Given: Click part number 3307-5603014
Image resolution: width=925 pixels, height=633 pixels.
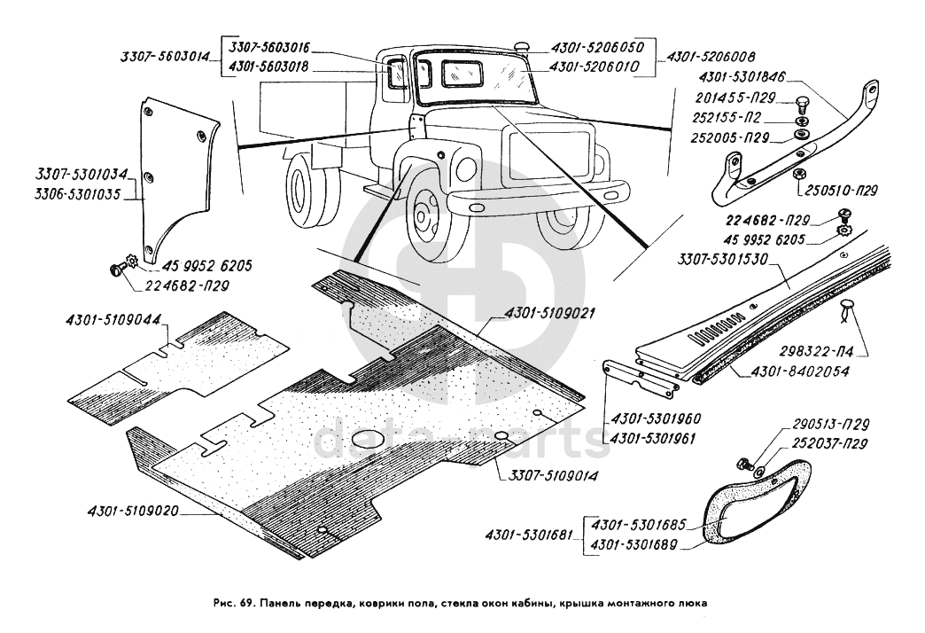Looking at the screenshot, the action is pos(165,58).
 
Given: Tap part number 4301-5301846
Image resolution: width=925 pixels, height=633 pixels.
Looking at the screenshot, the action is pos(742,77).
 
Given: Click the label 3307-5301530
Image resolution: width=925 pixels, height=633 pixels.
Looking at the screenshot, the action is pos(723,259).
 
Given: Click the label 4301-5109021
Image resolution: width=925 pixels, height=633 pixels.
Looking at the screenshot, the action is pos(549,313).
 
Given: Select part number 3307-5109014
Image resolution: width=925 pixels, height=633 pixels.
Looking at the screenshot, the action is pos(549,475).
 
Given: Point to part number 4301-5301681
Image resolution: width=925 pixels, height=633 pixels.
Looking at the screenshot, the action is pos(529,535).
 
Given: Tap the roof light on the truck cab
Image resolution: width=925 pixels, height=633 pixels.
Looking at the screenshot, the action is pos(522,47).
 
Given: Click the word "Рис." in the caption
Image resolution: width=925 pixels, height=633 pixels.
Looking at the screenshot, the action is pos(222,604).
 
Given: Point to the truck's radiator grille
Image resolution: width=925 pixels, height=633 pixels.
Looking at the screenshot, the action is pos(549,155).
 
